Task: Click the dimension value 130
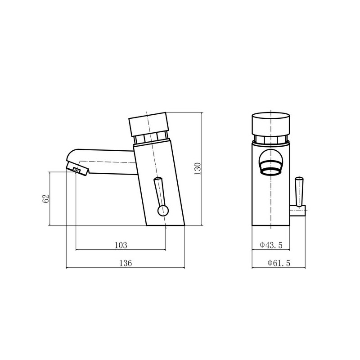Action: (x=198, y=168)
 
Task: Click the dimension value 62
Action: (x=46, y=198)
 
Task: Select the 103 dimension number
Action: (x=121, y=245)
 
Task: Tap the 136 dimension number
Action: (x=126, y=263)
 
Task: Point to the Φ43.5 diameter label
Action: (x=271, y=245)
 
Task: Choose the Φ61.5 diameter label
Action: (x=279, y=263)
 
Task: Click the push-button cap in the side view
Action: (x=149, y=124)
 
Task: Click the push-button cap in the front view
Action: (x=271, y=124)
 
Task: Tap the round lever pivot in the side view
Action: (x=163, y=211)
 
